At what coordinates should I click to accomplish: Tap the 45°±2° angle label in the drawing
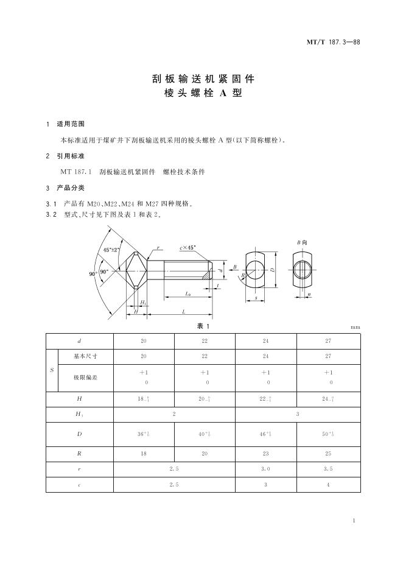[x=112, y=250]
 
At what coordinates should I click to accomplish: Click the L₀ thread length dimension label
[x=188, y=294]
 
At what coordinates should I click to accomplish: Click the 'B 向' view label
[x=302, y=242]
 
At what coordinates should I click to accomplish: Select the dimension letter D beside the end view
[x=273, y=269]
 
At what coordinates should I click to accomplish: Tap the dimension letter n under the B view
[x=309, y=295]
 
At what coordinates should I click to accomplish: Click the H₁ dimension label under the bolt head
[x=144, y=303]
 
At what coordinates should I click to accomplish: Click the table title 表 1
[x=201, y=326]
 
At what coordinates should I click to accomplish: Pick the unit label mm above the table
[x=356, y=327]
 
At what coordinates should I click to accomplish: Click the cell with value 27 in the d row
[x=328, y=340]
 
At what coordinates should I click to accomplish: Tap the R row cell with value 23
[x=266, y=454]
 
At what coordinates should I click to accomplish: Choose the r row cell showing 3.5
[x=328, y=470]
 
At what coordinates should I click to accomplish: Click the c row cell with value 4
[x=328, y=485]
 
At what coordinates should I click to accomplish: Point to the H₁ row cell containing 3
[x=297, y=413]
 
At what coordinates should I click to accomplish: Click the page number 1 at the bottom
[x=354, y=521]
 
